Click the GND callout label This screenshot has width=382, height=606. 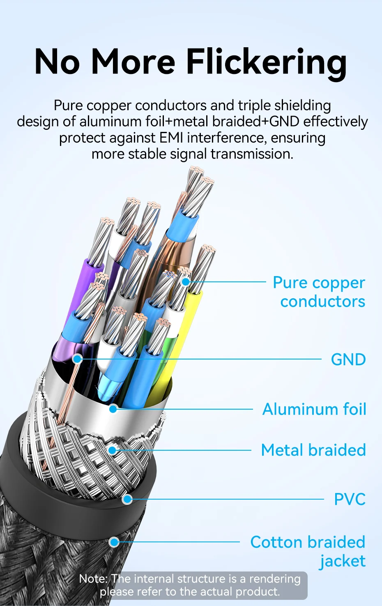pos(348,359)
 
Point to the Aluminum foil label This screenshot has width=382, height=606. pos(314,409)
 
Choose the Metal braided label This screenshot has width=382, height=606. pos(313,450)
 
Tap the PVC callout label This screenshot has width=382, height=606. pos(350,500)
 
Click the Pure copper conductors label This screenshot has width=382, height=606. pos(319,292)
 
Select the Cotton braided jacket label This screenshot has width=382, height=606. pos(308,551)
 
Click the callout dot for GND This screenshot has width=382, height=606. pos(77,359)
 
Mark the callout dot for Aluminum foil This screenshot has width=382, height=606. pos(113,408)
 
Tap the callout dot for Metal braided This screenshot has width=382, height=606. pos(112,450)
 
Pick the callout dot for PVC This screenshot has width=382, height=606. pos(127,500)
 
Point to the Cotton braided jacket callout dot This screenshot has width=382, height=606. pos(114,542)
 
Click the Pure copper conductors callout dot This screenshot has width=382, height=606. pos(186,282)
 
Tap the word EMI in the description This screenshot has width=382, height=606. pos(171,138)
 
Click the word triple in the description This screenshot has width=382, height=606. pos(255,106)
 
